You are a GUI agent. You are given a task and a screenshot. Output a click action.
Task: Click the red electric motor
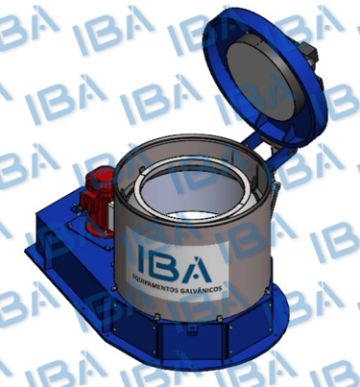point(97,202)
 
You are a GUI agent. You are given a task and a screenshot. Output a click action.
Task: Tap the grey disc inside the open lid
point(265,78)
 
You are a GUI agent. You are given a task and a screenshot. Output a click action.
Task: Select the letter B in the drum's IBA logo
point(161,263)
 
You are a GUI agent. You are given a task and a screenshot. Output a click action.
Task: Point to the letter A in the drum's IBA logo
point(196,269)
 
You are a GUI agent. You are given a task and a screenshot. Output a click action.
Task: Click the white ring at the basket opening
point(191,195)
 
